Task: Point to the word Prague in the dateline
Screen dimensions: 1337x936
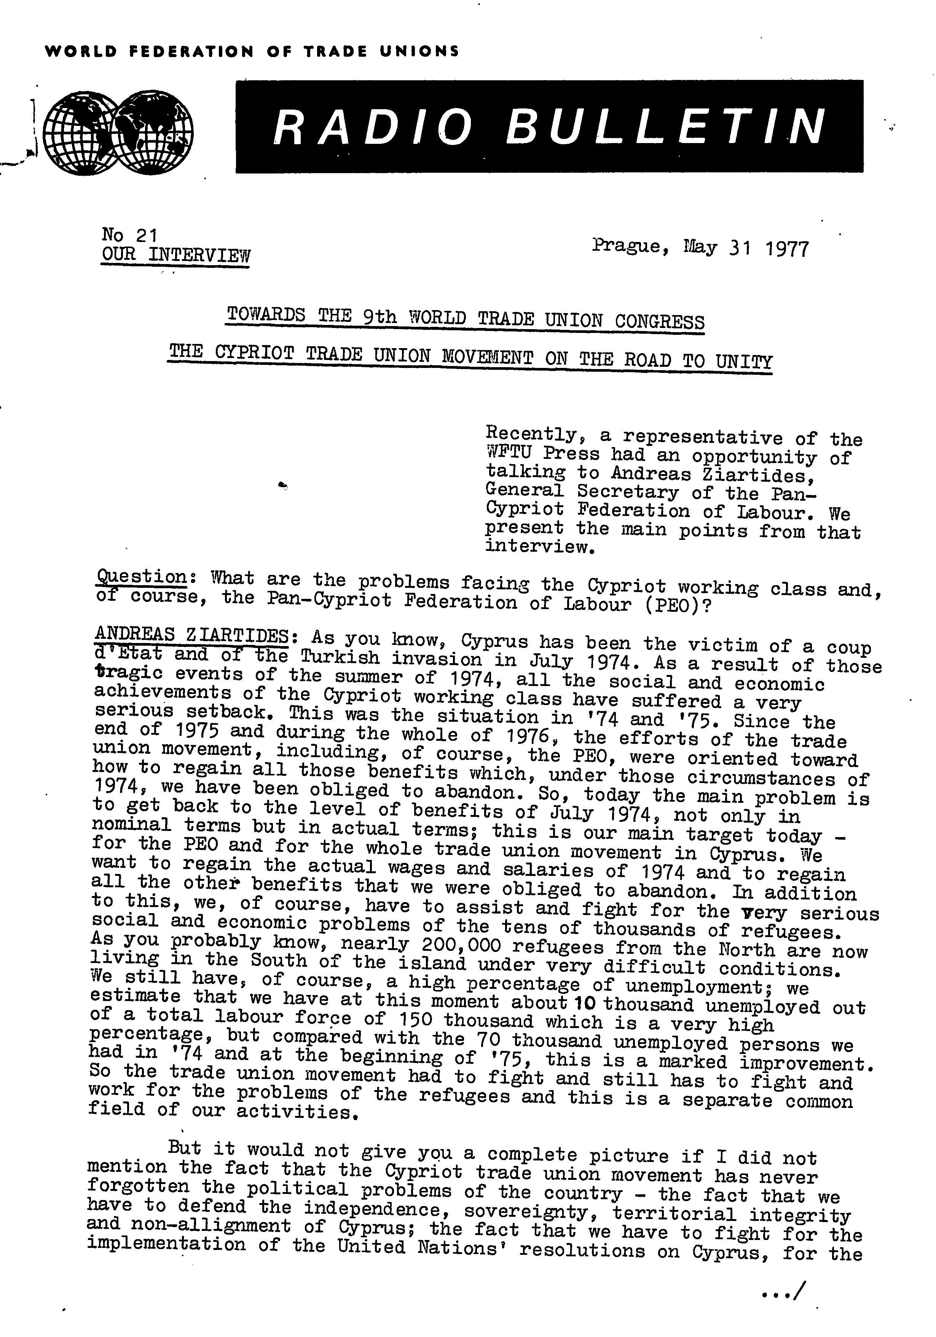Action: tap(626, 246)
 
